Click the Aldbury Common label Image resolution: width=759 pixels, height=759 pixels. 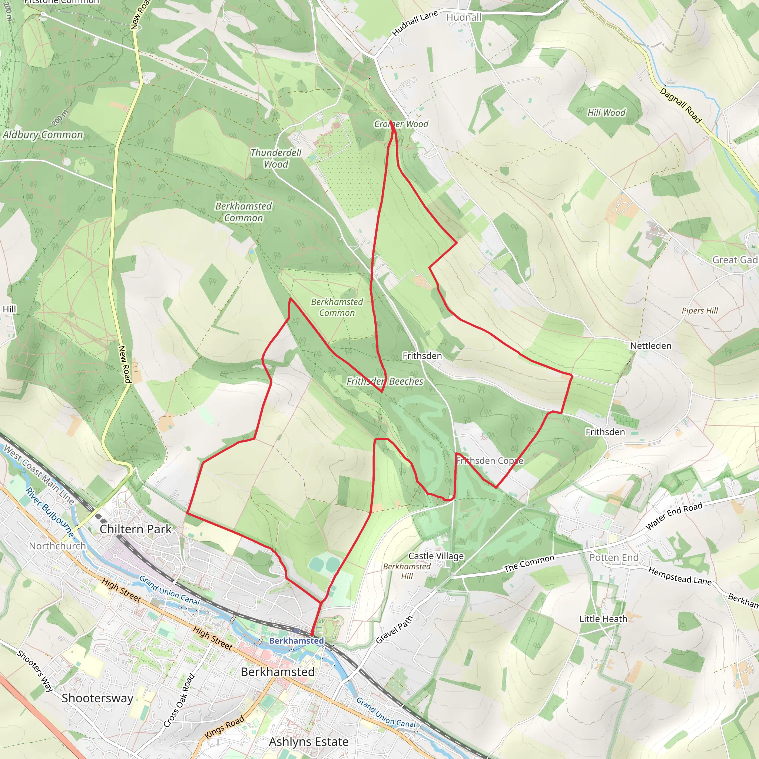[43, 135]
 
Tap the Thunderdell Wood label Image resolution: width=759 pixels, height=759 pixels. [276, 158]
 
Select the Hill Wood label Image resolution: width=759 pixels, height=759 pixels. [606, 113]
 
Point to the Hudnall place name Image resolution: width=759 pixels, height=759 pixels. [464, 17]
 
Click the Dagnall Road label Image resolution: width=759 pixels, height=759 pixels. [680, 105]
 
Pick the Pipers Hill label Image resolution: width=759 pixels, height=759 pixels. [700, 311]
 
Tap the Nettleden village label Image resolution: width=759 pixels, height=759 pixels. [650, 346]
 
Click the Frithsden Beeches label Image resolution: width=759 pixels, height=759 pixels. [385, 381]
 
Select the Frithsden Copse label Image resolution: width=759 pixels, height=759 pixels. [490, 461]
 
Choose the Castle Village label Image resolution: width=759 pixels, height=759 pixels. [436, 556]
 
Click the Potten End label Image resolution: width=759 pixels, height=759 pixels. [614, 557]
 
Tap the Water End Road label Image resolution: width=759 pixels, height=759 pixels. [674, 516]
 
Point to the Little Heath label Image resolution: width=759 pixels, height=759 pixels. [603, 619]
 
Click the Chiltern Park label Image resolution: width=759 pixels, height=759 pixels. [136, 529]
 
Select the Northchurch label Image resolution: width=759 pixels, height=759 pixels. [57, 546]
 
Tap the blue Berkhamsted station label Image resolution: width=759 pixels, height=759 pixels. [296, 641]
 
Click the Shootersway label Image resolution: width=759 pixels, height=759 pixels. [97, 698]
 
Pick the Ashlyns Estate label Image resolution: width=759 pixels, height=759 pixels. [309, 742]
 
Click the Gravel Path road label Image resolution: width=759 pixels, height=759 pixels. [394, 630]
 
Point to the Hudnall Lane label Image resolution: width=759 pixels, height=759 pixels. [415, 24]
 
